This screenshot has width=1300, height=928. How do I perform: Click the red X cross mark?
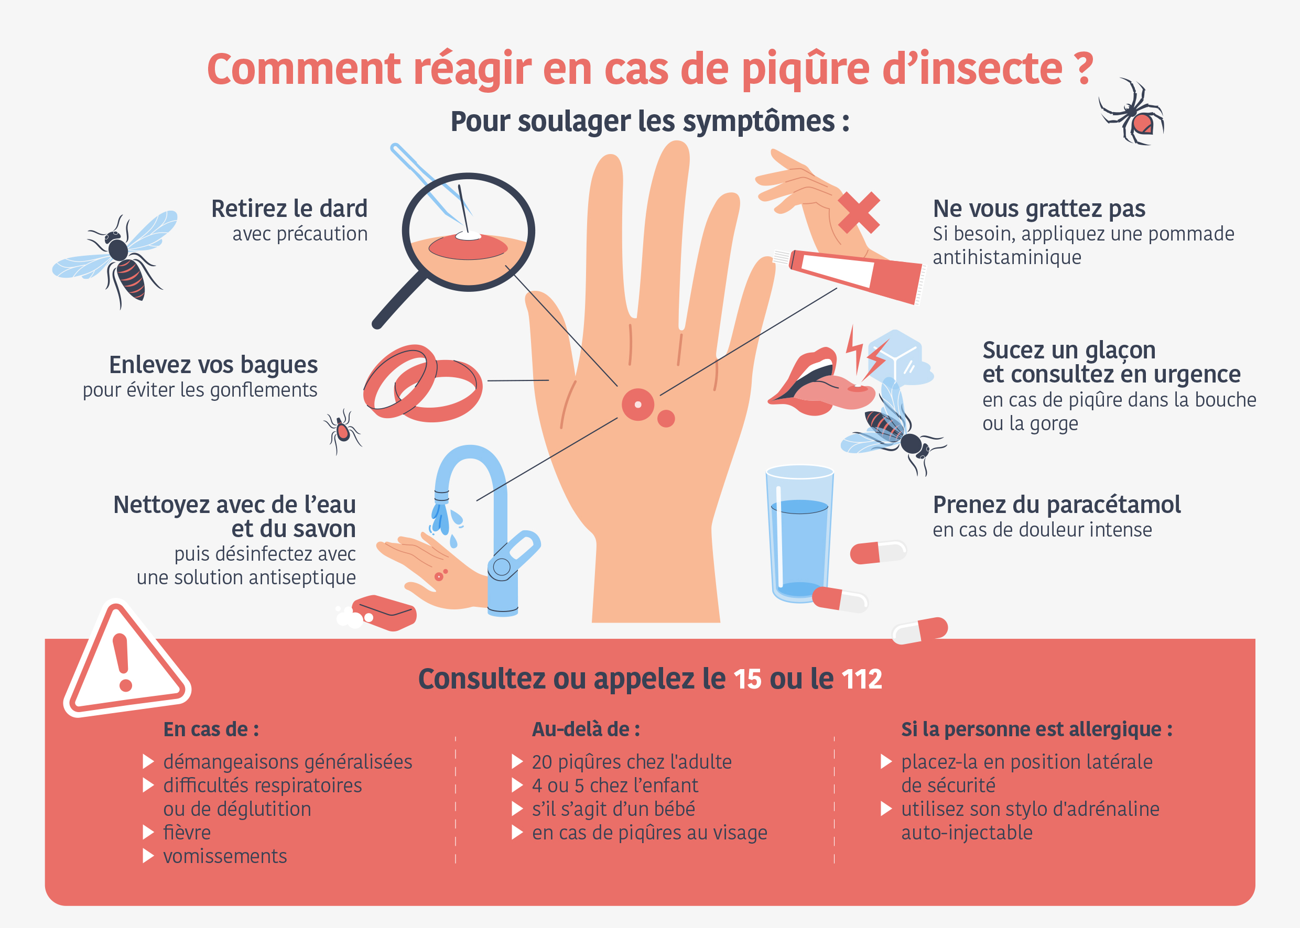859,213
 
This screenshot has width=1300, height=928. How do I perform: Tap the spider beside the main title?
1135,114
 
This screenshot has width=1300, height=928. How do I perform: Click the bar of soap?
385,613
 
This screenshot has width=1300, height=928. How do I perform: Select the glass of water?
799,534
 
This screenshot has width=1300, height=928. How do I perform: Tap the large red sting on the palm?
637,405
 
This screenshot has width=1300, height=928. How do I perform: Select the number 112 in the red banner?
862,680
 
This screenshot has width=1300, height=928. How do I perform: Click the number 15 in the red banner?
747,680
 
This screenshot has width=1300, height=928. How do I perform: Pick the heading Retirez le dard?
289,209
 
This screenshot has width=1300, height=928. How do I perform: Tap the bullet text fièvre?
187,833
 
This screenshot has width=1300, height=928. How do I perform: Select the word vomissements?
225,857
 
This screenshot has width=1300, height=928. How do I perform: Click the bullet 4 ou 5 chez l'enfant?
614,785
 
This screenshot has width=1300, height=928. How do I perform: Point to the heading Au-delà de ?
586,730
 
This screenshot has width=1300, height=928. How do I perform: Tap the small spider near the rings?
342,431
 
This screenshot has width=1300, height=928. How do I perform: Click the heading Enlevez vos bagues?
213,365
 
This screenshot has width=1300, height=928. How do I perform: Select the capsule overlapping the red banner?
920,631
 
